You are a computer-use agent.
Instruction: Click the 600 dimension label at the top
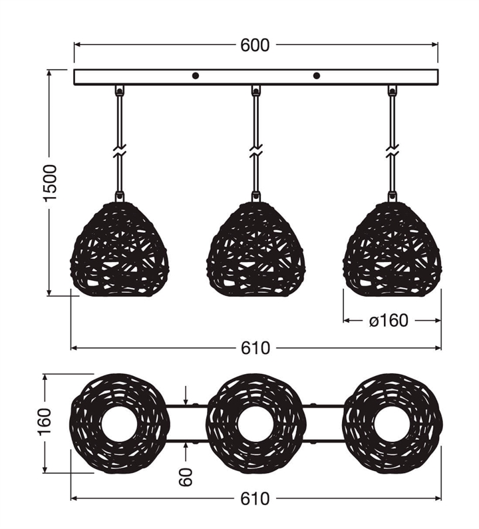pos(255,45)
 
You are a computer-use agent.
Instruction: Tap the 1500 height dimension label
pos(51,182)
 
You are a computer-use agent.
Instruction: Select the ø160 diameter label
pos(389,321)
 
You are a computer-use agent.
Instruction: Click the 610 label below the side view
pos(255,348)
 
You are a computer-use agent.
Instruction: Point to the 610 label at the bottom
pos(255,498)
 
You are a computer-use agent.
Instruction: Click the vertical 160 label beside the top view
pos(45,422)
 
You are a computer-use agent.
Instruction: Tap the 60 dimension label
pos(186,477)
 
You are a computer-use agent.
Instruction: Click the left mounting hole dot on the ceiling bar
pos(196,76)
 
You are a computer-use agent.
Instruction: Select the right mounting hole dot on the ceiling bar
pos(317,76)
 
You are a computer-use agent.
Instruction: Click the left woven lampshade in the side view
pos(119,250)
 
